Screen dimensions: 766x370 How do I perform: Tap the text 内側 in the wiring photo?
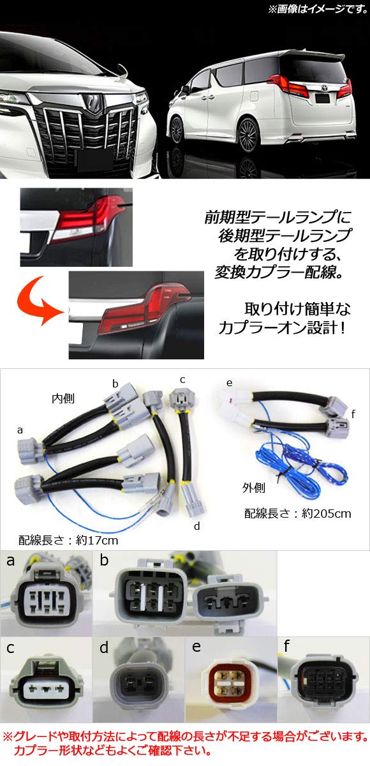coord(63,398)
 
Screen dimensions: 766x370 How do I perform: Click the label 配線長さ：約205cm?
coord(297,512)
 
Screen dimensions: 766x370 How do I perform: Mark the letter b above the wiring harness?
coord(115,384)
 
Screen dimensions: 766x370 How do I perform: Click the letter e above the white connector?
coord(229,383)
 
